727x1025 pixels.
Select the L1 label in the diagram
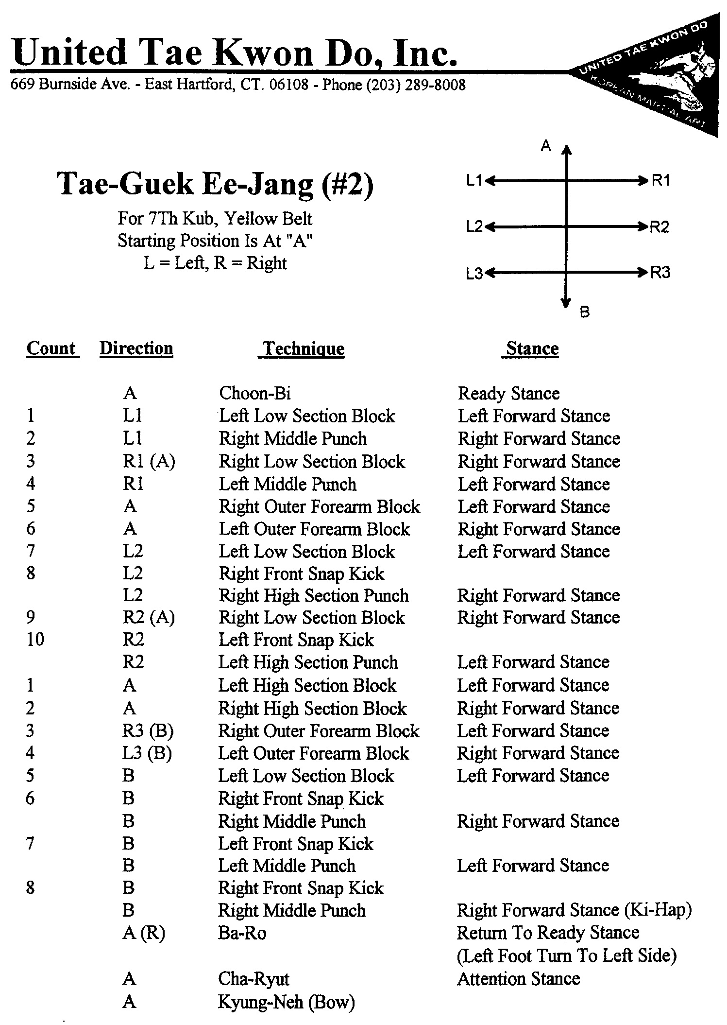[x=474, y=181]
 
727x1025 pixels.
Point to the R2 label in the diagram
[x=659, y=227]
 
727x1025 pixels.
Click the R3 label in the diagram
[x=660, y=273]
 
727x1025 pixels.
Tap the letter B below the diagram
[x=585, y=312]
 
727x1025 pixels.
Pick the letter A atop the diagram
[x=546, y=145]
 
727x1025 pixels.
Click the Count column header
[x=51, y=348]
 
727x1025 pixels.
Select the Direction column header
[x=136, y=348]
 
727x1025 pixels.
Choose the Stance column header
[x=532, y=348]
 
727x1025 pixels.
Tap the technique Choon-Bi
[x=255, y=393]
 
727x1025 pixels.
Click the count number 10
[x=35, y=640]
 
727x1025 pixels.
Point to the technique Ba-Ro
[x=242, y=933]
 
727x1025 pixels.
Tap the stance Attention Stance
[x=518, y=978]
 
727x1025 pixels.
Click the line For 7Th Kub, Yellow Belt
[x=215, y=219]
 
